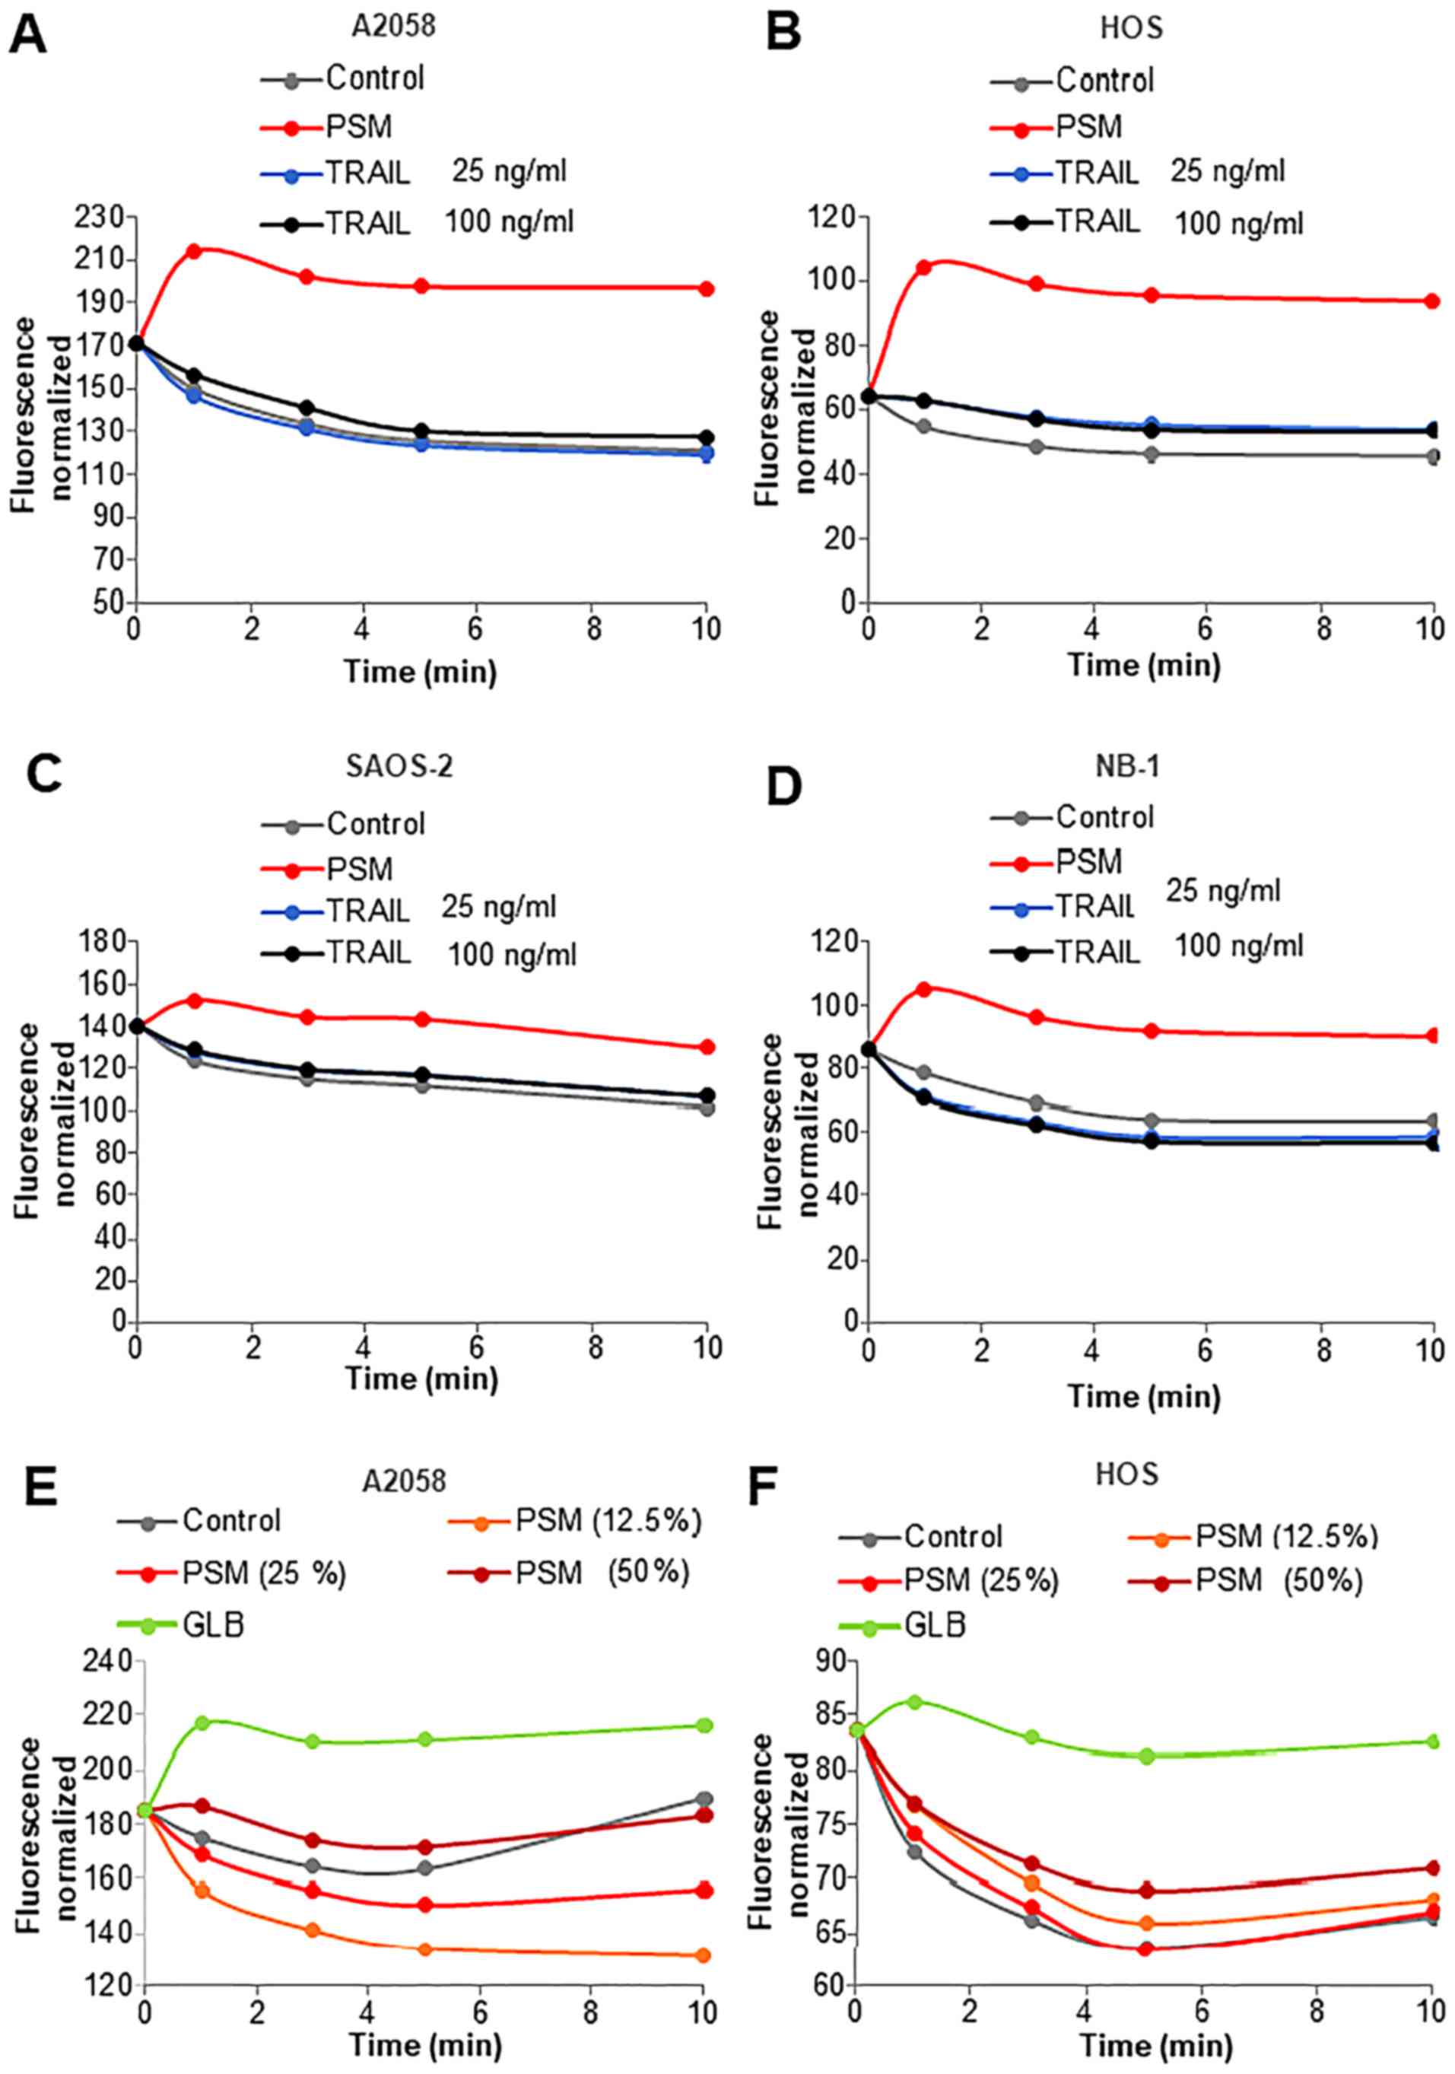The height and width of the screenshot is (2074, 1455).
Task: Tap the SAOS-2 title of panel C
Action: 399,767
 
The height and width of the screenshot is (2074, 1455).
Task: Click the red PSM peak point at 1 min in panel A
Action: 192,250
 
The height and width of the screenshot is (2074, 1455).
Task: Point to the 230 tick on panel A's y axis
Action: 104,218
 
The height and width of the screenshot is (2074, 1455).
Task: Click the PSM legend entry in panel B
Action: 1088,126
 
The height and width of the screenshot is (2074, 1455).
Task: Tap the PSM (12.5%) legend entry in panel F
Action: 1286,1535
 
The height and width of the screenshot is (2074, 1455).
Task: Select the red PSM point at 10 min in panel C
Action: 707,1047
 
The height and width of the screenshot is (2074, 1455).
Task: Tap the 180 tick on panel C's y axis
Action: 104,942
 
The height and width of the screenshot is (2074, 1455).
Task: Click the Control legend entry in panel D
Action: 1104,817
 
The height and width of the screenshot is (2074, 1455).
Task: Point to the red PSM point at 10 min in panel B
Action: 1431,301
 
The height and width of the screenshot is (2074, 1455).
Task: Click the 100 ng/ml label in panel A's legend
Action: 509,221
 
